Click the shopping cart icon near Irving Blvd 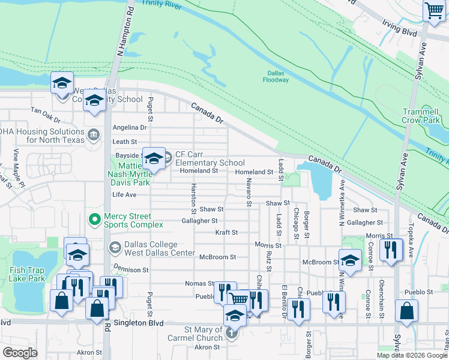click(x=433, y=11)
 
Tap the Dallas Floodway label click(x=276, y=76)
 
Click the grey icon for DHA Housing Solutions click(x=94, y=133)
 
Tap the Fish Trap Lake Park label click(x=27, y=274)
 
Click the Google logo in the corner click(x=20, y=352)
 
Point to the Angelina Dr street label click(x=130, y=127)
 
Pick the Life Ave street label click(x=124, y=195)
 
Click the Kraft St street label click(x=226, y=232)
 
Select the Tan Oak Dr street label click(x=47, y=112)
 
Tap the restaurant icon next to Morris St click(x=391, y=250)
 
